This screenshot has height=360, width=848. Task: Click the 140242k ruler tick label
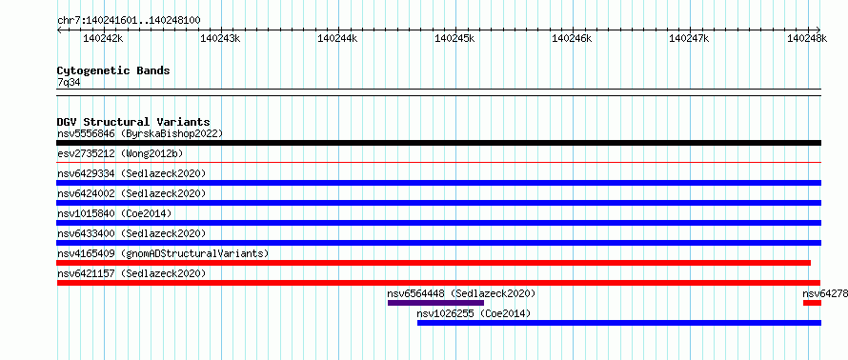(x=103, y=38)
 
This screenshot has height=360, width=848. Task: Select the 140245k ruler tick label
(x=454, y=38)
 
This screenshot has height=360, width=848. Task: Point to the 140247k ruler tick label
(x=690, y=38)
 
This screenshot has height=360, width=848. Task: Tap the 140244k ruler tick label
(x=337, y=38)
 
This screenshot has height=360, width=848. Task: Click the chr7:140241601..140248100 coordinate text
(x=129, y=21)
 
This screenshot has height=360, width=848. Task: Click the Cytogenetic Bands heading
(x=113, y=70)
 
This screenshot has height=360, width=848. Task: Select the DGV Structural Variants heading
(x=133, y=122)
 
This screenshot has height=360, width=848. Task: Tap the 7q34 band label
(x=69, y=82)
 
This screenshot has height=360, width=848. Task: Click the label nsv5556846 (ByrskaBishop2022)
(x=140, y=133)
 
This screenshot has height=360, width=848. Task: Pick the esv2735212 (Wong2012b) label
(x=120, y=153)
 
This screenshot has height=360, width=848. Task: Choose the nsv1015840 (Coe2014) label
(x=114, y=213)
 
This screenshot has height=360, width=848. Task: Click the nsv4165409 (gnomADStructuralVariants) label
(x=163, y=253)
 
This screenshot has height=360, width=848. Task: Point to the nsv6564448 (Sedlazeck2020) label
(x=461, y=293)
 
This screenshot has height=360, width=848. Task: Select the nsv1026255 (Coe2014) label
(x=474, y=313)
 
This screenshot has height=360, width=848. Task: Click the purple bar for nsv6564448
(x=435, y=303)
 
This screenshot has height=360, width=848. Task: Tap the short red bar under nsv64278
(x=813, y=303)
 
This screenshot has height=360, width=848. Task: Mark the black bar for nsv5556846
(x=438, y=143)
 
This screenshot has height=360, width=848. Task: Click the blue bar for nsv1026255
(x=619, y=323)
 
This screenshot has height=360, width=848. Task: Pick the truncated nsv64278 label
(x=825, y=293)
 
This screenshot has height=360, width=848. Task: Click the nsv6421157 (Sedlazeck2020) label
(x=131, y=273)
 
